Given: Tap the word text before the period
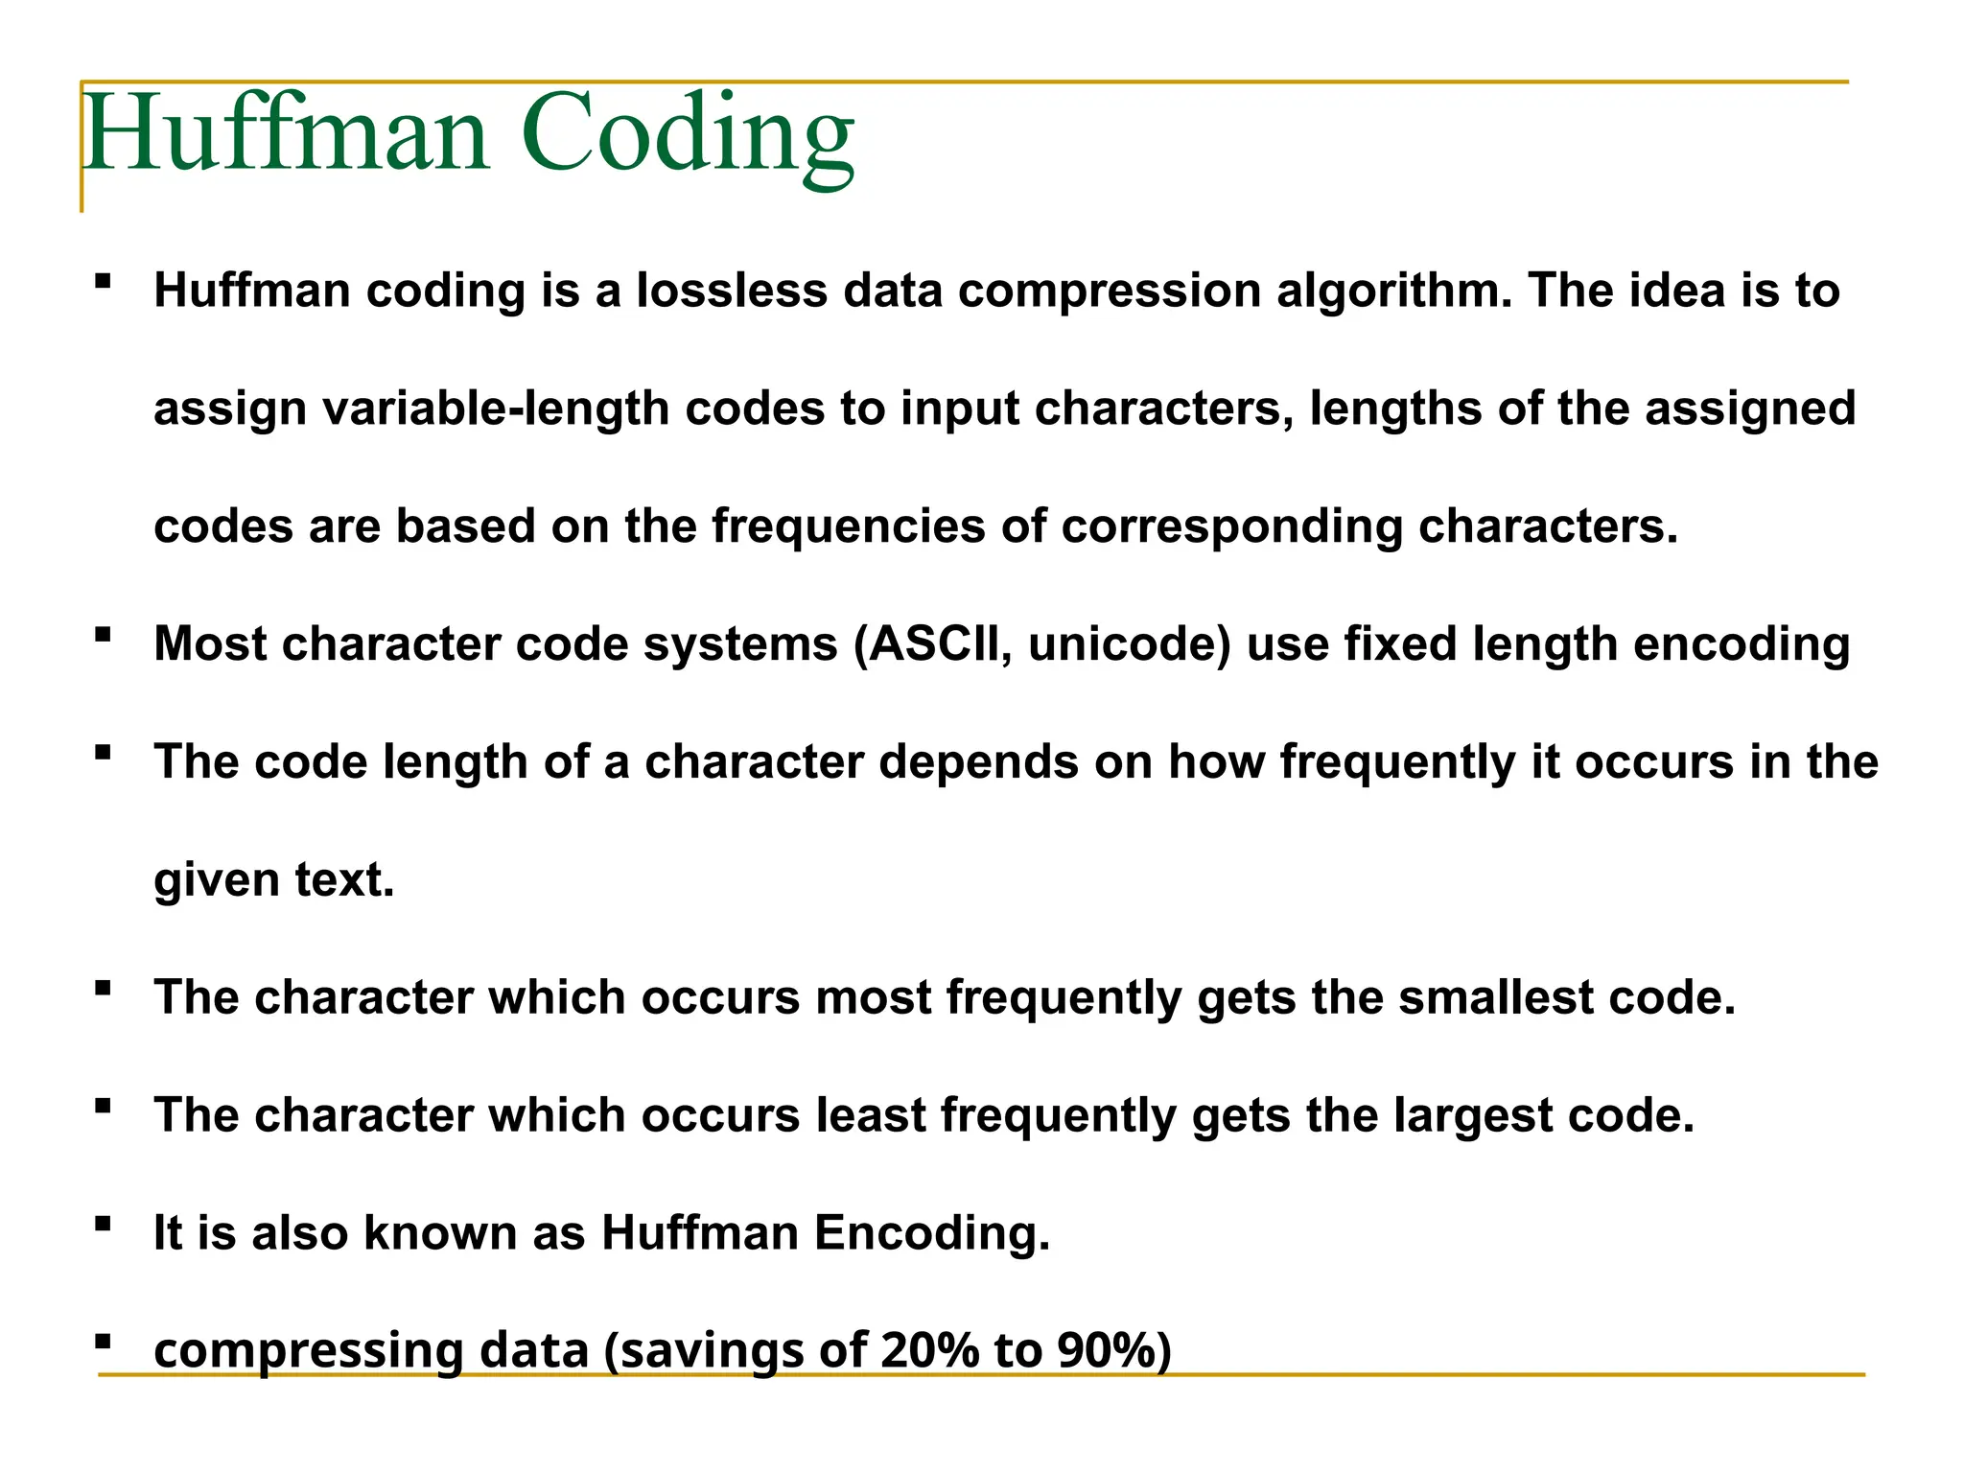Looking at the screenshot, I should point(339,879).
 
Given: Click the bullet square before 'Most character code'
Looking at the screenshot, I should point(103,634).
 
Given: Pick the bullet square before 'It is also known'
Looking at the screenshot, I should point(103,1224).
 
